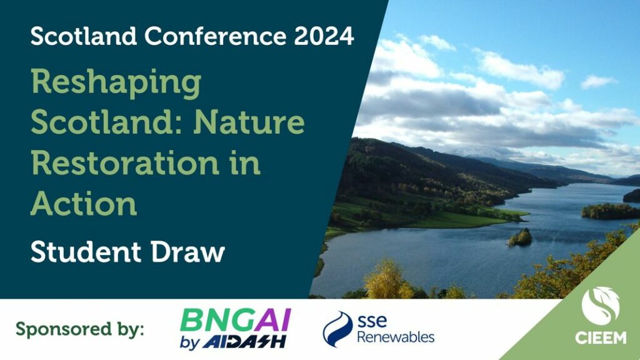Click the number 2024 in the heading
tap(324, 36)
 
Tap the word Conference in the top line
tap(216, 36)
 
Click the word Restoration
tap(125, 163)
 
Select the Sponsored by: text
tap(79, 329)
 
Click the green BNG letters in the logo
tap(217, 320)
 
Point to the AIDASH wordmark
tap(244, 342)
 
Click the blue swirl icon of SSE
tap(337, 329)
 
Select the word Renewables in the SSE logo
tap(396, 337)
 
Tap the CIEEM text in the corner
tap(601, 337)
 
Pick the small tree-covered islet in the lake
tap(520, 237)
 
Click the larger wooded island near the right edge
tap(610, 211)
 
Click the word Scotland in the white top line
tap(84, 36)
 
